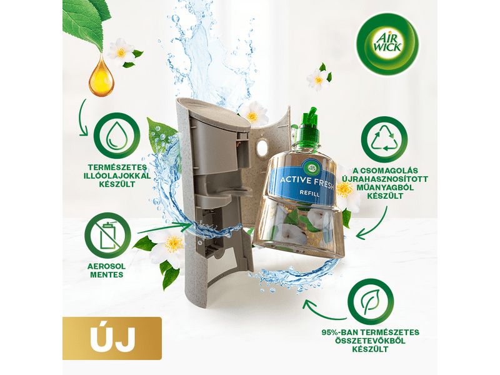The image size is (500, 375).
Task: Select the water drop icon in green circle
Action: (x=117, y=136)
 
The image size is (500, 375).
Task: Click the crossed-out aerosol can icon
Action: (x=107, y=236)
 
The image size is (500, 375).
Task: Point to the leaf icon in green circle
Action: (x=371, y=302)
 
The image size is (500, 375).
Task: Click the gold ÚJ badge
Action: (x=112, y=338)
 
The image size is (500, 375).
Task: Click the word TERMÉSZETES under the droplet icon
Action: (x=117, y=167)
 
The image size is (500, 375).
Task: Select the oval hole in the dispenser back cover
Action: (x=262, y=147)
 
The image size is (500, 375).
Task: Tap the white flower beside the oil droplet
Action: (x=122, y=51)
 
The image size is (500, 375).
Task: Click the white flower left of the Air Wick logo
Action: (x=319, y=78)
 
